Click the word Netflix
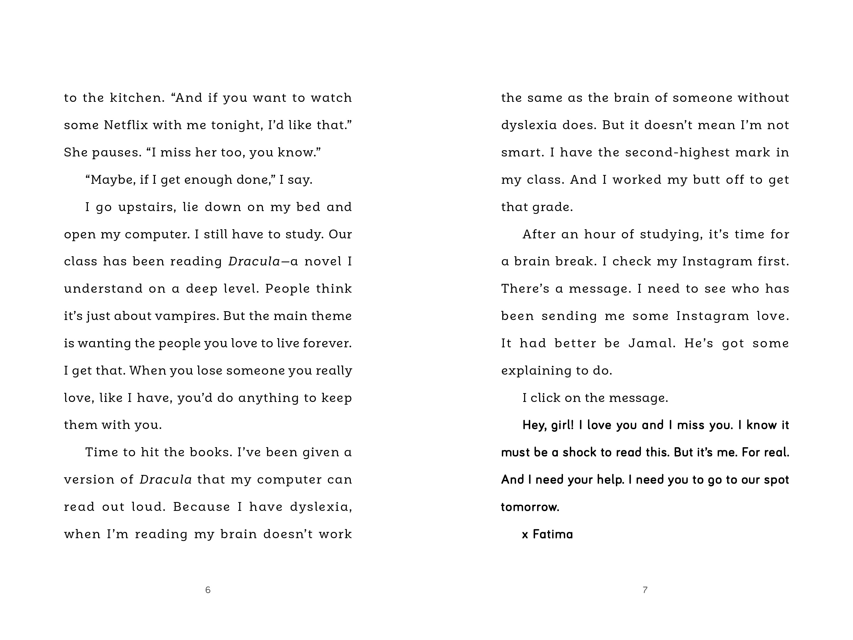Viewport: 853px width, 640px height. click(125, 125)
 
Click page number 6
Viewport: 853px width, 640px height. click(208, 590)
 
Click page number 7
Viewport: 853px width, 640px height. click(645, 590)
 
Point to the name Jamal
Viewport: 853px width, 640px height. click(652, 343)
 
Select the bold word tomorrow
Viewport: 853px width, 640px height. click(530, 507)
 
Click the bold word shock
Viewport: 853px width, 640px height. click(579, 452)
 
